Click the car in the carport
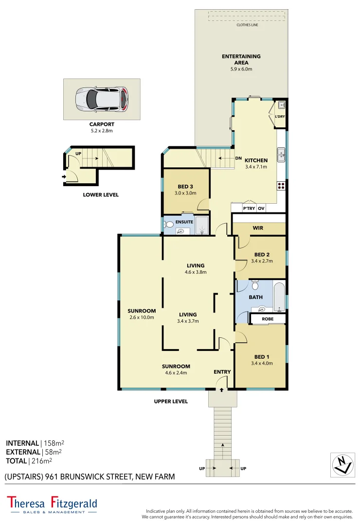tap(102, 99)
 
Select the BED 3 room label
tap(185, 187)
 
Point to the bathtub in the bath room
tap(279, 297)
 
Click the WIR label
tap(258, 227)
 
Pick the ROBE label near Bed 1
tap(268, 319)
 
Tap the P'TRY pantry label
tap(249, 209)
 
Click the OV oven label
tap(261, 209)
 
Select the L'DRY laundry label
tap(280, 117)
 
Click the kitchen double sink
tap(281, 155)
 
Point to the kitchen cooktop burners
tap(281, 185)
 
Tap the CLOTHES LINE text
tap(247, 24)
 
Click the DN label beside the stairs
tap(238, 158)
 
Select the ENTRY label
tap(222, 372)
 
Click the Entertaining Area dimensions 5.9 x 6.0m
tap(241, 69)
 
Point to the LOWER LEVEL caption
tap(102, 195)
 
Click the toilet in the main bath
tap(255, 285)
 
